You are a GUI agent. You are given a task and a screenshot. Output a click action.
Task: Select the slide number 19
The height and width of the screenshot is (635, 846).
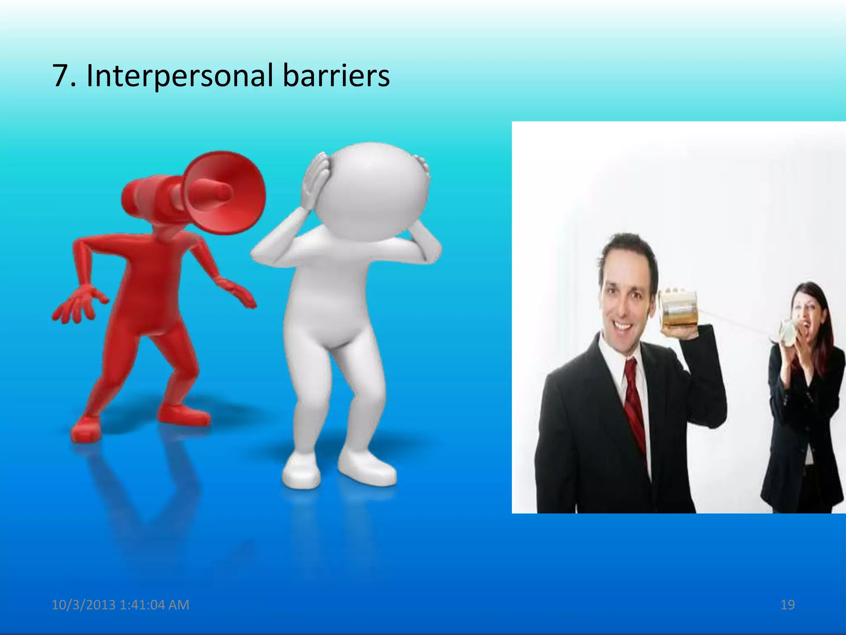pos(787,605)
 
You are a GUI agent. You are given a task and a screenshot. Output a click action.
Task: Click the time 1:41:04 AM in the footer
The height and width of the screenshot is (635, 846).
pos(154,605)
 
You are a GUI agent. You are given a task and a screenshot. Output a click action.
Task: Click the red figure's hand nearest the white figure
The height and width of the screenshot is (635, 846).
pos(240,293)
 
